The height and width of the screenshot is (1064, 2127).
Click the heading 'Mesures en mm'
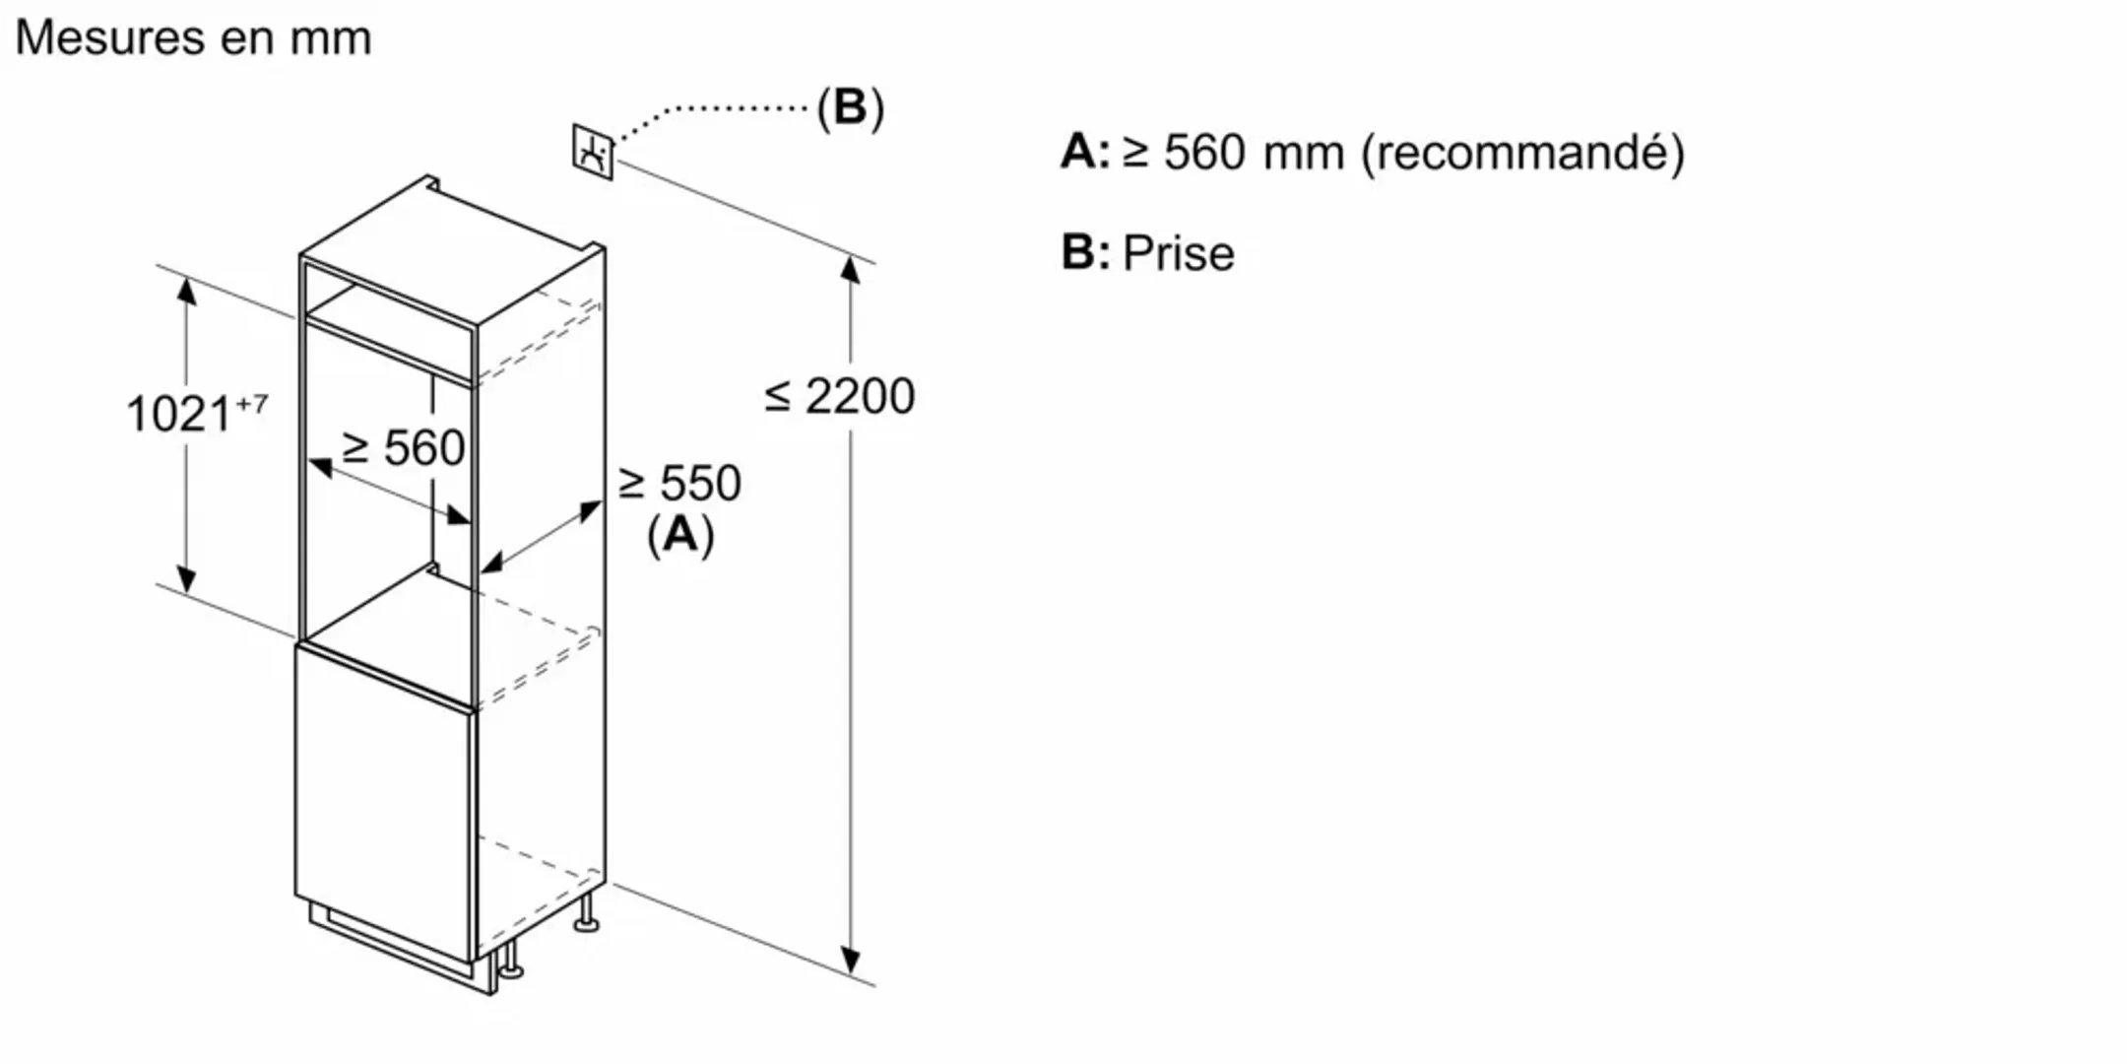(x=193, y=38)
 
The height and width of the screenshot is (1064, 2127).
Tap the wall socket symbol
(x=593, y=152)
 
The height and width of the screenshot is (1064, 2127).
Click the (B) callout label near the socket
(x=850, y=107)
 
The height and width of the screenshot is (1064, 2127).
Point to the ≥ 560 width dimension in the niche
(x=404, y=448)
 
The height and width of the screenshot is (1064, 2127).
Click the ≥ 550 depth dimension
(x=679, y=484)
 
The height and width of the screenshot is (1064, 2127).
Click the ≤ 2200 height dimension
(x=840, y=396)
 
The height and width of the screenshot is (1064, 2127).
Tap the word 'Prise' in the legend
(x=1178, y=254)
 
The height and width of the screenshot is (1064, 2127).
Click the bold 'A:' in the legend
(x=1084, y=153)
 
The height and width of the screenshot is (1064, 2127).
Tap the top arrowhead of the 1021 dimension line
(x=186, y=291)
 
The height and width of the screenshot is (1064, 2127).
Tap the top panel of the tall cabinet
(x=453, y=251)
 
